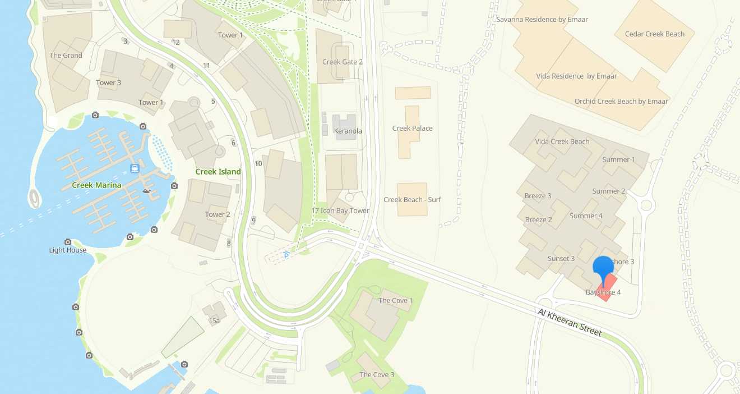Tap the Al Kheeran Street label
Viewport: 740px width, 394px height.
pos(570,322)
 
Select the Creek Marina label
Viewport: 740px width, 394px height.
pos(97,185)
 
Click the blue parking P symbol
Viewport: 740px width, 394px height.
pos(286,256)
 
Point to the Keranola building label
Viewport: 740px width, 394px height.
pos(348,131)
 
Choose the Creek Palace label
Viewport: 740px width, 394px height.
pos(412,128)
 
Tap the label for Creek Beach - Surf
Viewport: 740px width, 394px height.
pos(412,200)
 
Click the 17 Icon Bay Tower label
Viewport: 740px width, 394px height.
pos(340,210)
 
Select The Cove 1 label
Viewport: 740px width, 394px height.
pos(395,300)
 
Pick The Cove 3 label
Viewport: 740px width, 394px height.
pos(377,374)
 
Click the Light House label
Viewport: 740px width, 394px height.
pos(68,250)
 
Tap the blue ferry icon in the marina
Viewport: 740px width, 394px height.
pos(135,168)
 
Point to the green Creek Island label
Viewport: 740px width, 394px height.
pos(218,172)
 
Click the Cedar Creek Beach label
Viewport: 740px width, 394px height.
pos(654,34)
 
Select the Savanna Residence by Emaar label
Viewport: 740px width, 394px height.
pos(542,19)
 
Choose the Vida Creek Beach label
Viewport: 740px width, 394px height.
pos(562,141)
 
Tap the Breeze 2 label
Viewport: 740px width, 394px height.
pos(538,219)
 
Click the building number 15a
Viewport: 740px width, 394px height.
pos(214,320)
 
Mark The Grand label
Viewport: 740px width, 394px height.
pos(66,55)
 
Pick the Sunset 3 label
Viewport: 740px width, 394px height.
pos(561,258)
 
